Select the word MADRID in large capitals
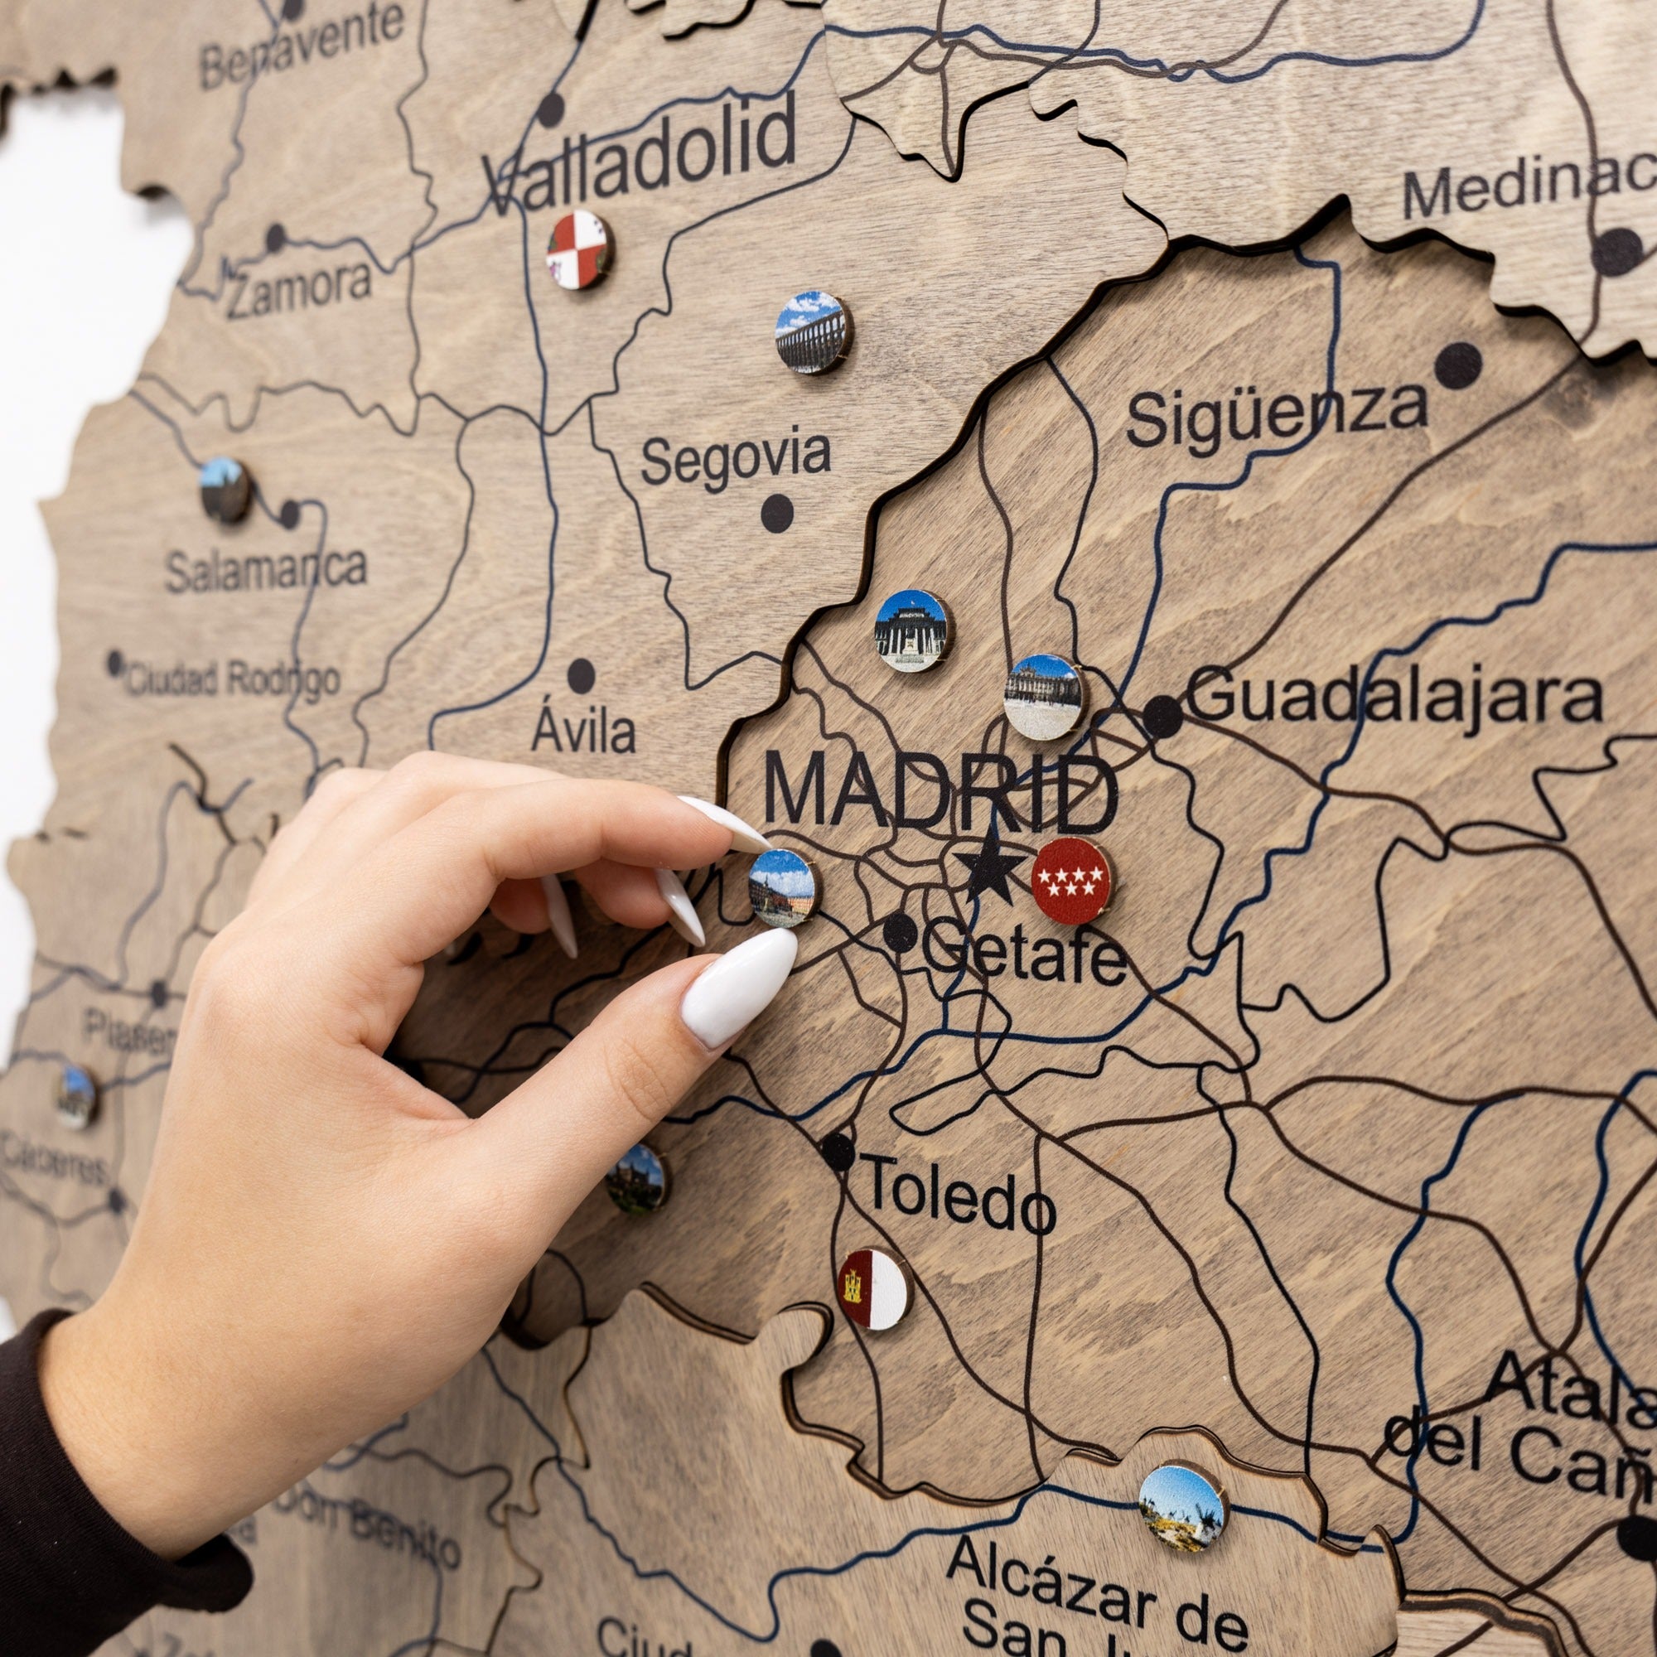[x=941, y=790]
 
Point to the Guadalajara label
[x=1394, y=696]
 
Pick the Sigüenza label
[x=1276, y=414]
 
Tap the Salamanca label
[x=266, y=568]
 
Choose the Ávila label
[x=584, y=732]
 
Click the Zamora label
[x=298, y=290]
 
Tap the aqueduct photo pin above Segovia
[x=811, y=332]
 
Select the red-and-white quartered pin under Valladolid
[x=579, y=249]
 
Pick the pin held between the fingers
[x=780, y=887]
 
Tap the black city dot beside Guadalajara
[x=1162, y=715]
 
